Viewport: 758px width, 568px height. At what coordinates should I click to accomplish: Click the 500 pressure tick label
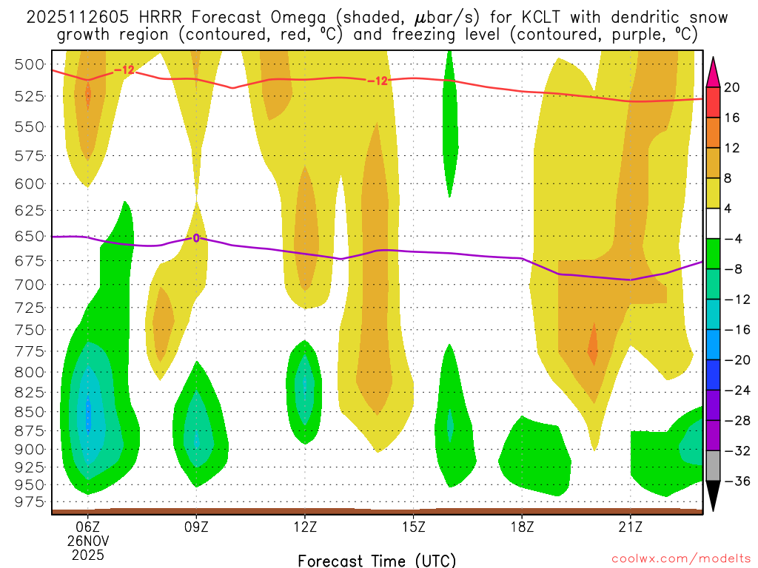(30, 64)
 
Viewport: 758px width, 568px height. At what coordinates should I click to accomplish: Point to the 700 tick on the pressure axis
(30, 285)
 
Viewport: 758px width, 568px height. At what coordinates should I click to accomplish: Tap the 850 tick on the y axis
(30, 411)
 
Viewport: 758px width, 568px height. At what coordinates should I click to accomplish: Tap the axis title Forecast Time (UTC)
(377, 560)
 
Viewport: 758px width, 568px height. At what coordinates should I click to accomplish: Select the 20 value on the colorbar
(732, 87)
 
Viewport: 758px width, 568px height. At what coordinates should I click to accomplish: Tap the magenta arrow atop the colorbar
(714, 72)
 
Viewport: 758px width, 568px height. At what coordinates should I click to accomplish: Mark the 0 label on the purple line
(196, 238)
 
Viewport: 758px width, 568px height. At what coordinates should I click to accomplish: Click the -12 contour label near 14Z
(378, 81)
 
